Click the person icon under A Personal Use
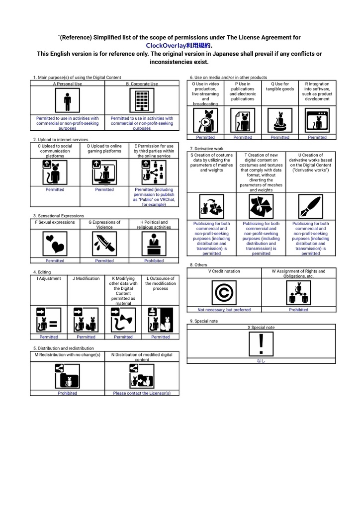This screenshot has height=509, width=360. tap(67, 101)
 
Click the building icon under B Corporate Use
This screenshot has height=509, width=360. tap(142, 101)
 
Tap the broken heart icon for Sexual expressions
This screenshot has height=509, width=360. tap(55, 244)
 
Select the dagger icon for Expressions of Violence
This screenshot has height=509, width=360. tap(104, 244)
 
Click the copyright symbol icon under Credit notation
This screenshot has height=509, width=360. tap(224, 293)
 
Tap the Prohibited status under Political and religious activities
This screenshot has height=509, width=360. tap(154, 260)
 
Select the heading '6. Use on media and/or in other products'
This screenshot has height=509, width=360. tap(228, 78)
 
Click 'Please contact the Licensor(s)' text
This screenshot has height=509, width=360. tap(142, 393)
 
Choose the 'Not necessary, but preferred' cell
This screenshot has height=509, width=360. tap(224, 310)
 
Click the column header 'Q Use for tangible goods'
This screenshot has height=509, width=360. tap(280, 86)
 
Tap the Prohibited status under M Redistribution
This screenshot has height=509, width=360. tap(67, 393)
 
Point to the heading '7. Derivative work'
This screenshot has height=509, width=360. tap(207, 149)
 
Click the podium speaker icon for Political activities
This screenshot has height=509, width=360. tap(154, 244)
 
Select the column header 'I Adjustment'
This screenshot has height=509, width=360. tap(49, 278)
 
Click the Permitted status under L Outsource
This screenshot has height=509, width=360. tap(160, 337)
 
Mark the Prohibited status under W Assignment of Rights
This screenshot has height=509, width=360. tap(298, 310)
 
